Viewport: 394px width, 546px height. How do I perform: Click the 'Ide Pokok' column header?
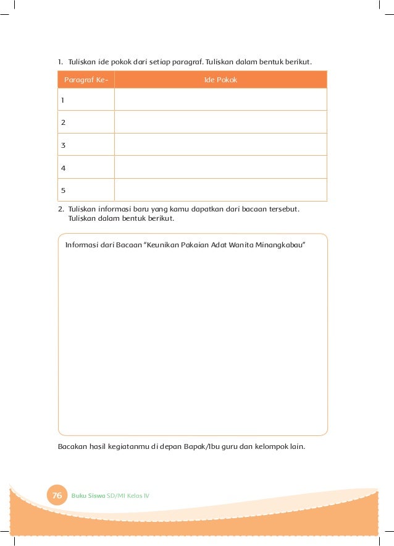click(x=220, y=80)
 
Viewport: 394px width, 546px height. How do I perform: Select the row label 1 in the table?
click(x=62, y=100)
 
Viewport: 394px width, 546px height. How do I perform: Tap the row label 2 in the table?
click(x=62, y=122)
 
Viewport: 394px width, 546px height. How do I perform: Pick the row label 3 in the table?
click(x=62, y=145)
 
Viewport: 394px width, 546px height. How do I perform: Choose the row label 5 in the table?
click(x=62, y=190)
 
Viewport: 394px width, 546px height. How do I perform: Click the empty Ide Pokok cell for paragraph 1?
click(x=220, y=100)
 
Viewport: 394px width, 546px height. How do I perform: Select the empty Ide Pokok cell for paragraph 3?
click(x=220, y=145)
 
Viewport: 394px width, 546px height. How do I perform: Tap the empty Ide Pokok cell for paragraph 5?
click(x=220, y=190)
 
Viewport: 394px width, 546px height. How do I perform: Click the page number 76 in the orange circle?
click(x=57, y=496)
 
